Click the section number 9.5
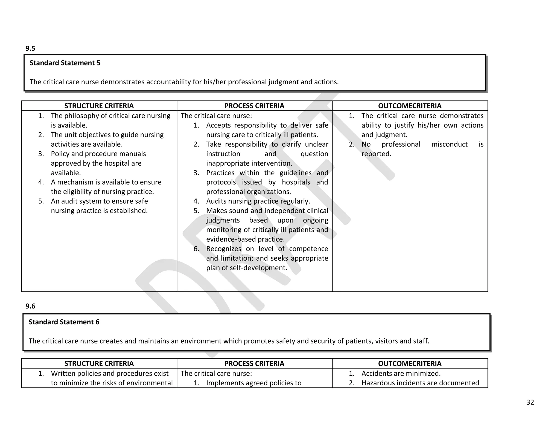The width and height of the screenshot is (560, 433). pos(30,48)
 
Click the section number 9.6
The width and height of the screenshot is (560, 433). pos(30,306)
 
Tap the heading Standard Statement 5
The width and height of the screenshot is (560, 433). pos(65,63)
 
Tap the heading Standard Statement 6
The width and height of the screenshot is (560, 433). pos(64,322)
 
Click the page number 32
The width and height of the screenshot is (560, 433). pos(530,402)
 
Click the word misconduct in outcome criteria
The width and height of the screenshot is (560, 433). pos(449,144)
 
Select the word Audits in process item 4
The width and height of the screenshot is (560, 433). pos(216,201)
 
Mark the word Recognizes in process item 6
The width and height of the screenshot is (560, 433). pos(223,249)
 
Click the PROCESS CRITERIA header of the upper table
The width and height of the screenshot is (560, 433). pos(254,106)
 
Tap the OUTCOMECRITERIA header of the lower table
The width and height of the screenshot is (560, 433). pos(410,363)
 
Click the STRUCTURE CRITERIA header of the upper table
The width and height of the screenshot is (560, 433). pos(99,106)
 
